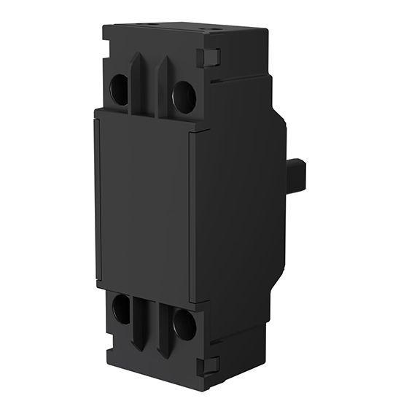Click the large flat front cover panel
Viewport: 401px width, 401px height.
143,204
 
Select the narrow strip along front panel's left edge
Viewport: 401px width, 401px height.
97,197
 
